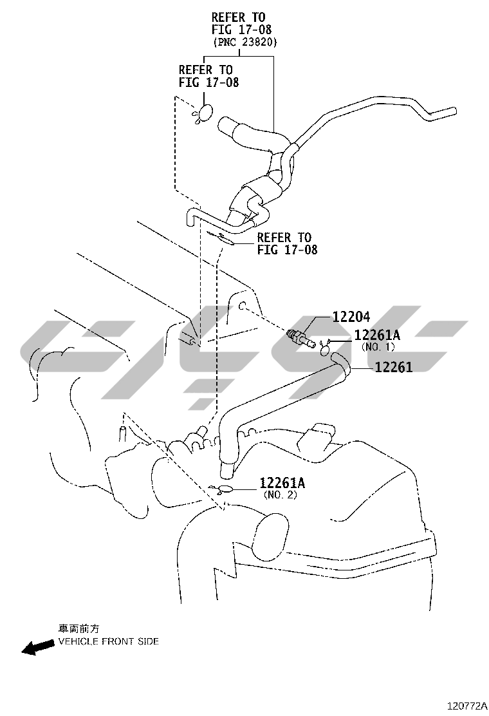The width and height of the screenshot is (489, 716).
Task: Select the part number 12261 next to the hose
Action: point(394,367)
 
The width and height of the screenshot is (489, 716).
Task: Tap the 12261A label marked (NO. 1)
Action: point(377,335)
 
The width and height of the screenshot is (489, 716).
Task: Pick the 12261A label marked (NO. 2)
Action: point(282,483)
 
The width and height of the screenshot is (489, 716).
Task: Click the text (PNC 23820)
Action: point(244,42)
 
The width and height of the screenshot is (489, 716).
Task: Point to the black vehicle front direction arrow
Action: point(38,646)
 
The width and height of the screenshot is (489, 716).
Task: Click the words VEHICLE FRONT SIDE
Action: point(108,641)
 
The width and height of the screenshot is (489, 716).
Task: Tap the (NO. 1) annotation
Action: point(377,347)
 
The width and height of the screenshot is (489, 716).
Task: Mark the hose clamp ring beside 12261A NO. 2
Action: point(225,490)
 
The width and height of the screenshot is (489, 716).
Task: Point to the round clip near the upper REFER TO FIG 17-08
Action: point(205,113)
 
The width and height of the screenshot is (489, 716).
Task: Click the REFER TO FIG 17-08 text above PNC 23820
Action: point(238,23)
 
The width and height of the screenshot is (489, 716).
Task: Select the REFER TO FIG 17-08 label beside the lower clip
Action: point(287,244)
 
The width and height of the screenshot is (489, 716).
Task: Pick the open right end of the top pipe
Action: point(454,111)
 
